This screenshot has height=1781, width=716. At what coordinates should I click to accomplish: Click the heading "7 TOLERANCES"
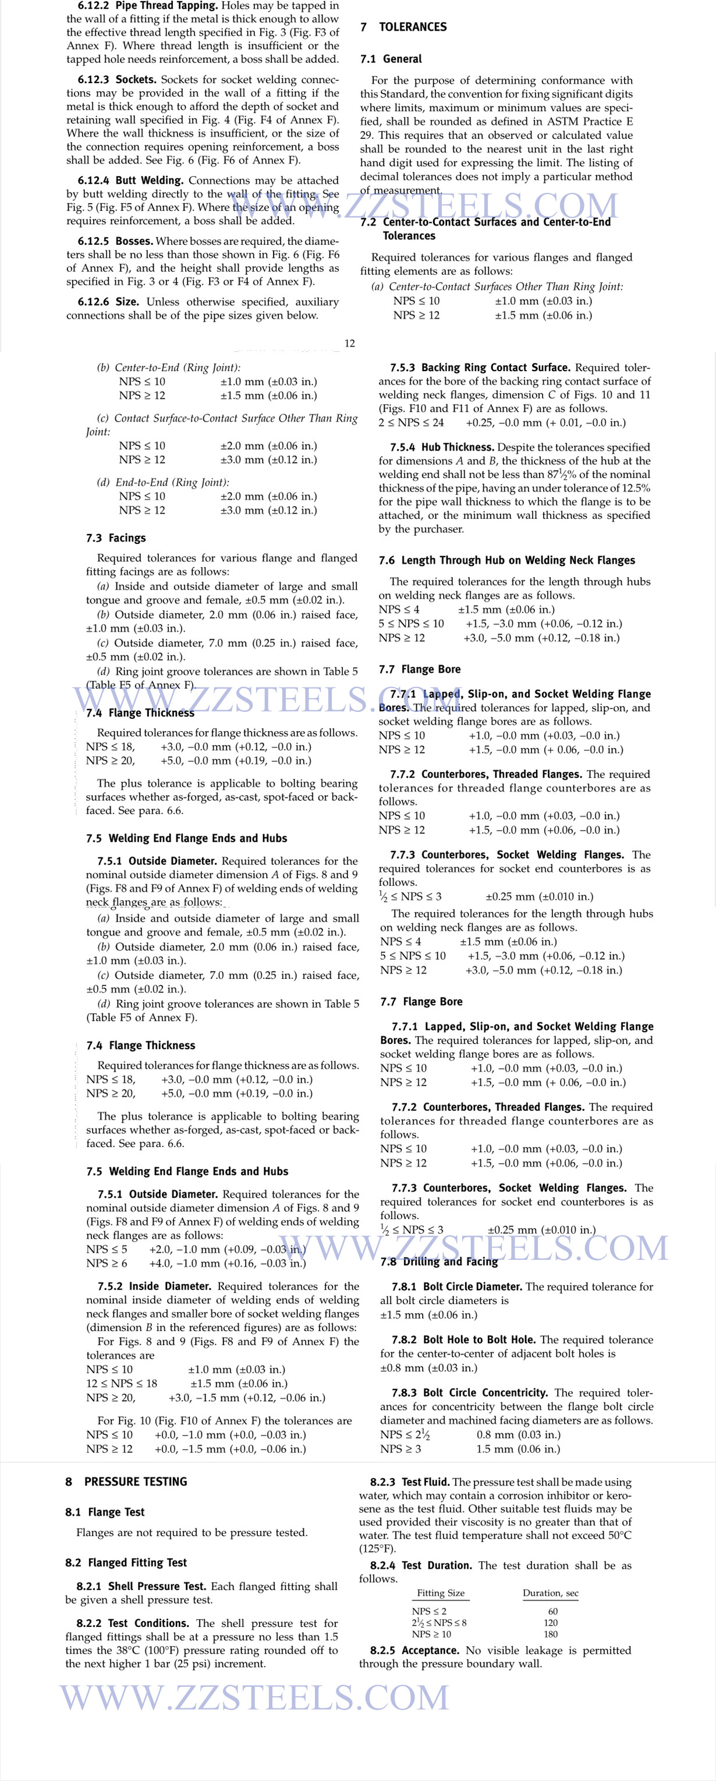click(404, 27)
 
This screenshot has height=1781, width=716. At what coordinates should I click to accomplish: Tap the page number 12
click(349, 343)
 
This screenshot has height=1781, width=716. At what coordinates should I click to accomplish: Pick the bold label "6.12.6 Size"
click(108, 302)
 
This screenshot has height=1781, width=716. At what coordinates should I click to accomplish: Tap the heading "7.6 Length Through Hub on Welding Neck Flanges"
click(506, 560)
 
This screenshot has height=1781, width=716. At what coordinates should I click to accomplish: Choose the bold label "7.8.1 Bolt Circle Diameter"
click(456, 1287)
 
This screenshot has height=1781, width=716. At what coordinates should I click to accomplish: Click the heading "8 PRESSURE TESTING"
click(126, 1481)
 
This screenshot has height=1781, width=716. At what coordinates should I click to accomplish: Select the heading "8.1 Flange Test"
click(105, 1512)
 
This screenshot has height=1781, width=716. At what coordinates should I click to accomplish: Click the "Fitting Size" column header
click(441, 1593)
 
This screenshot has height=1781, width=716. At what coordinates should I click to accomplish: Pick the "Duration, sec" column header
click(550, 1593)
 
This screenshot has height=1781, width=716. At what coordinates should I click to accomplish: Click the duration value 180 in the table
click(551, 1634)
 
